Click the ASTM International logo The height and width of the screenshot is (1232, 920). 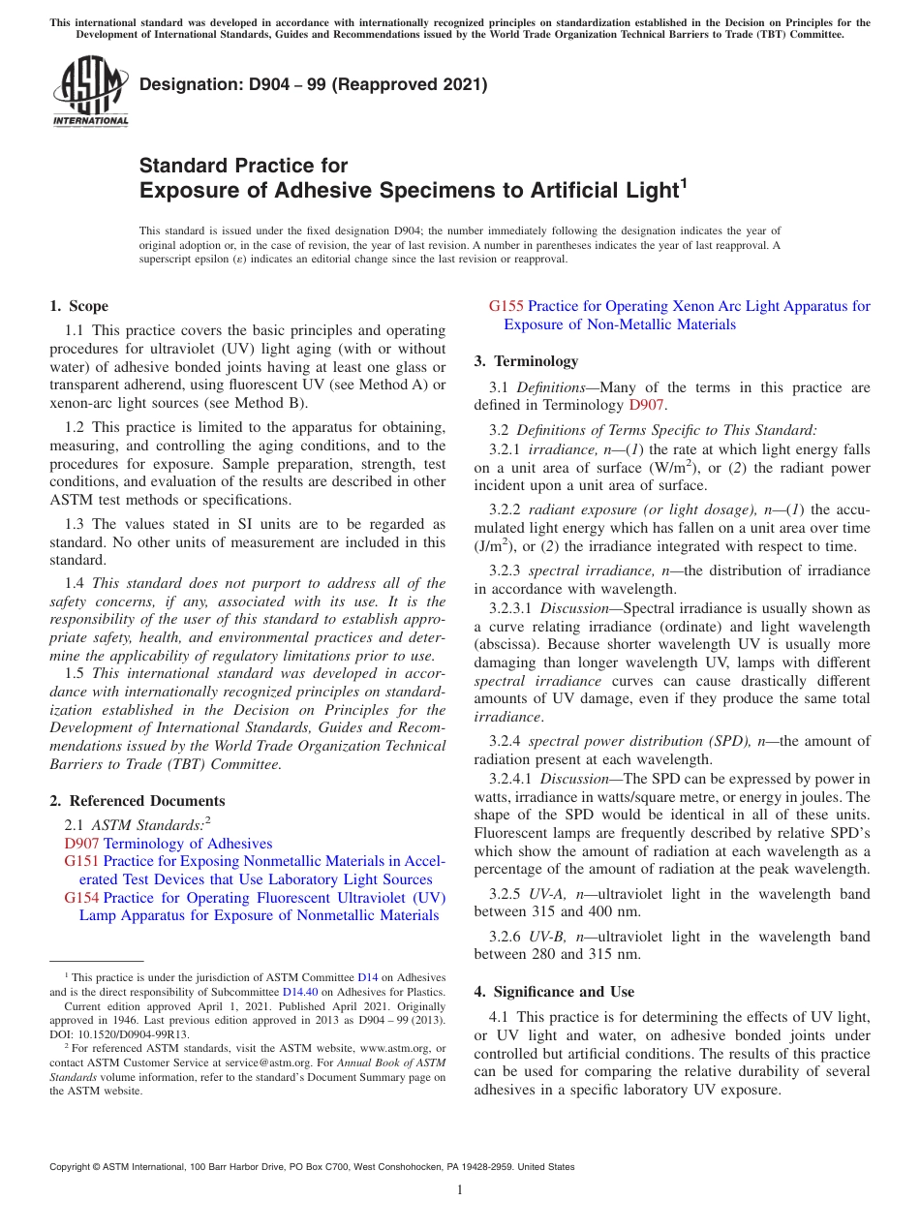click(89, 93)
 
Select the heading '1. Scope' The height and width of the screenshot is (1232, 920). click(78, 306)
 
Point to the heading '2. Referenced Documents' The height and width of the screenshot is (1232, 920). click(137, 801)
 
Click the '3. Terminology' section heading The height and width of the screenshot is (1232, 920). click(526, 361)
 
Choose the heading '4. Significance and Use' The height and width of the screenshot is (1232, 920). click(554, 992)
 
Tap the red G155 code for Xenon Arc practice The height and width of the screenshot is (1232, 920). click(506, 306)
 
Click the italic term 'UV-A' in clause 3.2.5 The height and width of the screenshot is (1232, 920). click(547, 894)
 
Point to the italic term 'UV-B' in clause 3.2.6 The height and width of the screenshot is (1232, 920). click(547, 937)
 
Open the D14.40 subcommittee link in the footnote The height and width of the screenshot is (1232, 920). click(299, 991)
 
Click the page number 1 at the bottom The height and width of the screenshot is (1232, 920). click(460, 1189)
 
